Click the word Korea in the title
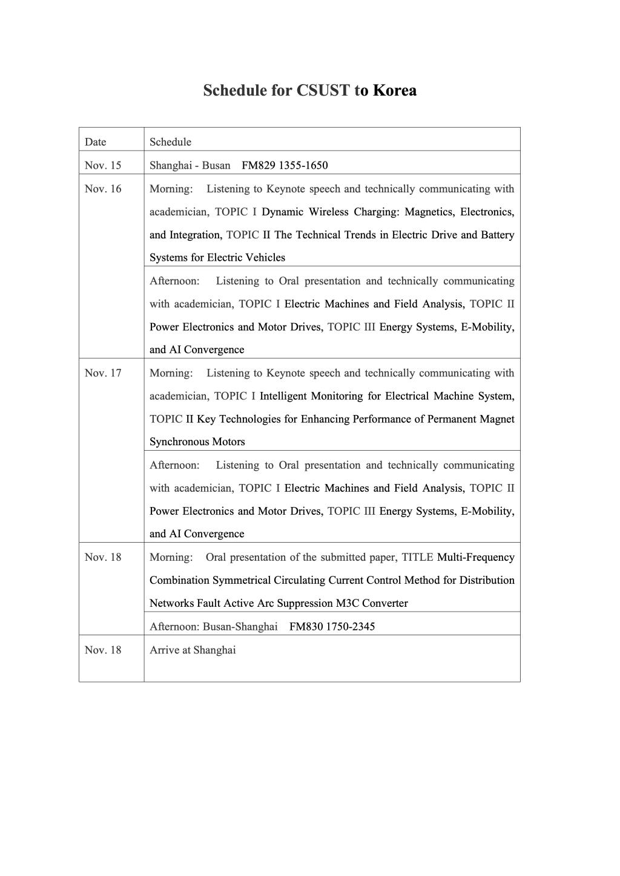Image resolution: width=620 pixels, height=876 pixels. tap(394, 91)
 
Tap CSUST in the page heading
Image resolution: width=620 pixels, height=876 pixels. tap(323, 91)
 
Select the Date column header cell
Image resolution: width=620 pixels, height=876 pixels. tap(96, 142)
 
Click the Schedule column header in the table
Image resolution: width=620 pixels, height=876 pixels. tap(170, 142)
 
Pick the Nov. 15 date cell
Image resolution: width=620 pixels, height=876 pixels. tap(103, 165)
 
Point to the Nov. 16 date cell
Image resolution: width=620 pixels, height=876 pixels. tap(103, 189)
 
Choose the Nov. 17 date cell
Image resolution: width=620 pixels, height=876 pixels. tap(103, 373)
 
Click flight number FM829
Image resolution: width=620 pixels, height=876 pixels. tap(258, 165)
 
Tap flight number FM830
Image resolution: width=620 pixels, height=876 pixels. tap(306, 627)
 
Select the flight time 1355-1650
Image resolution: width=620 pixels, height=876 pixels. tap(303, 165)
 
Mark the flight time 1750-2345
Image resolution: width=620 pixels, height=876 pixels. tap(351, 627)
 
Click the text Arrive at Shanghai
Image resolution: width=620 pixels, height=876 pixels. tap(193, 650)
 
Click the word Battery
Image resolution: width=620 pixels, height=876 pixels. tap(497, 235)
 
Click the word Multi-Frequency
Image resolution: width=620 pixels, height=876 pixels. tap(475, 557)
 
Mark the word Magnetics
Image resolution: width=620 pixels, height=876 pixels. tap(429, 212)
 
